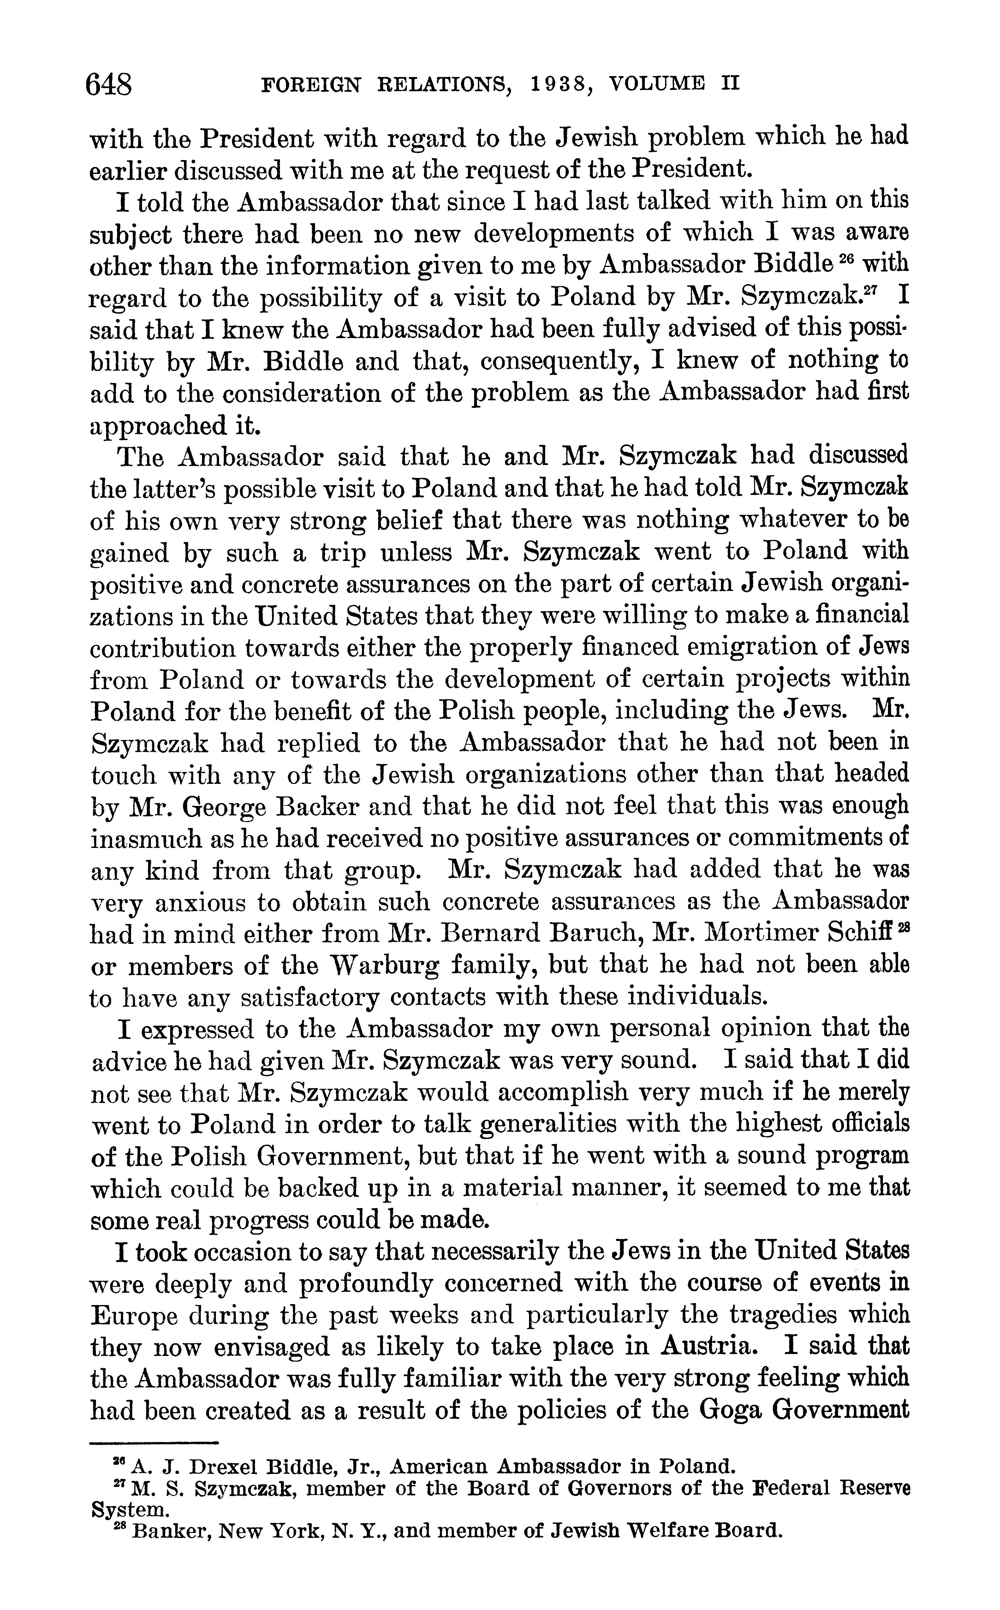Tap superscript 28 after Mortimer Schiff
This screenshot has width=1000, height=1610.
click(903, 926)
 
